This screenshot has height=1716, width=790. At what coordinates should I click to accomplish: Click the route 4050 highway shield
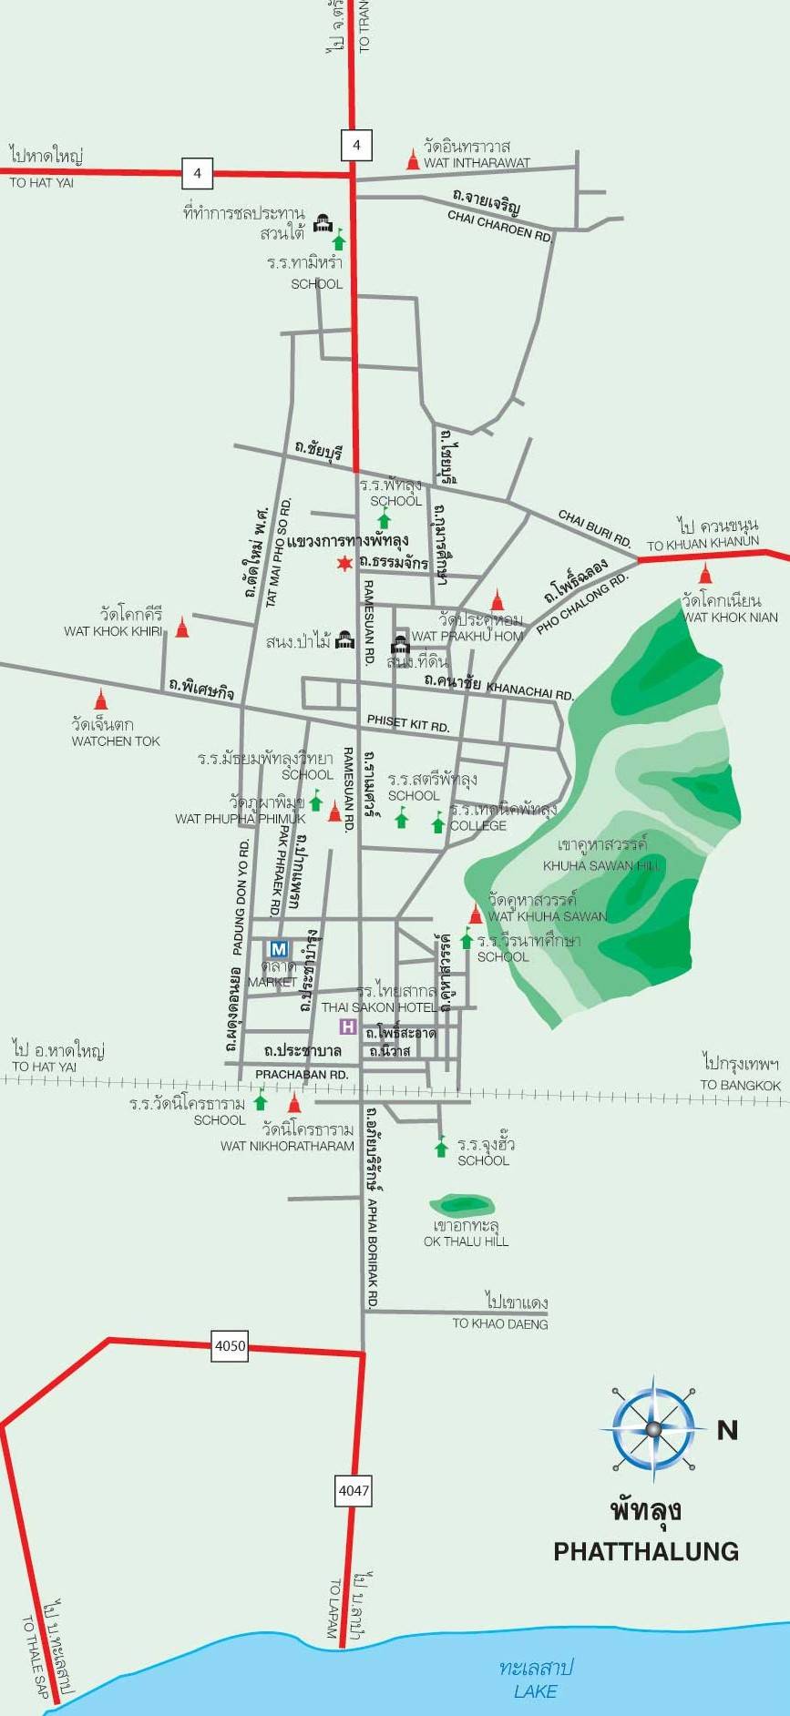point(230,1345)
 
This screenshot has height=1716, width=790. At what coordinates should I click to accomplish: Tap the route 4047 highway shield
point(354,1490)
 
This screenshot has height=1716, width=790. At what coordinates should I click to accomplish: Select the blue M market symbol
point(279,949)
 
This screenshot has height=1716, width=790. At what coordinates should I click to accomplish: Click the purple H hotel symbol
point(347,1027)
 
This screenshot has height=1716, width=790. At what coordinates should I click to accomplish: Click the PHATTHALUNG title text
point(646,1551)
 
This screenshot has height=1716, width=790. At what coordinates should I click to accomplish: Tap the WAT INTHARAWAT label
point(477,163)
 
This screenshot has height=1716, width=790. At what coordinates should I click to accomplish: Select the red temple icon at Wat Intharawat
point(413,160)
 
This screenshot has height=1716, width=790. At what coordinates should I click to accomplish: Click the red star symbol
point(344,564)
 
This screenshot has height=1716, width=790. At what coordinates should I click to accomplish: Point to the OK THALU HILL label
point(466,1241)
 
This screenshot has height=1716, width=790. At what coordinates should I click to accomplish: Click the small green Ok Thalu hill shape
point(457,1205)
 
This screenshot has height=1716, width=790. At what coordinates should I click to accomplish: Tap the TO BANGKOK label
point(740,1085)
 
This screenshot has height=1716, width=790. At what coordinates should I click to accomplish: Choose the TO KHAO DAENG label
point(500,1323)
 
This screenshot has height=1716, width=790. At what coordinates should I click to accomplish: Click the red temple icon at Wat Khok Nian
point(705,573)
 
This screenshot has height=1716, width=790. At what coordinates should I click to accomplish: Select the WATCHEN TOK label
point(116,741)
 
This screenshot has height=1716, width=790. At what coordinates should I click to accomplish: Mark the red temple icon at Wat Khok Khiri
point(182,627)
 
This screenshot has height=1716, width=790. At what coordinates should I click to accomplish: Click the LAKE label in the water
point(535,1691)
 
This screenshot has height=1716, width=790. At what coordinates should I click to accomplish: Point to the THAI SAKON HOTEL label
point(379,1007)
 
